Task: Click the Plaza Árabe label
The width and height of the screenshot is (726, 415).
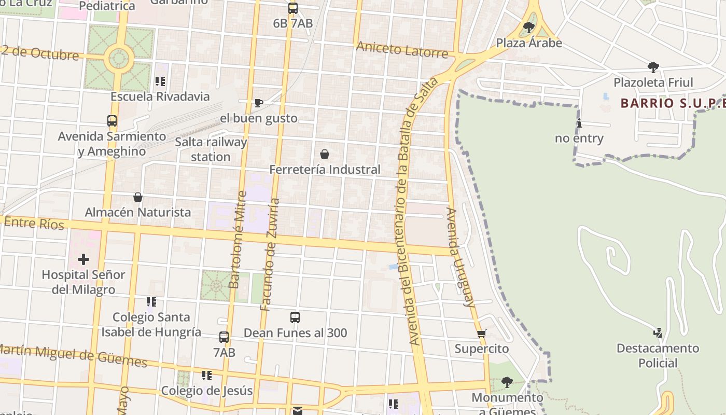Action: pos(529,43)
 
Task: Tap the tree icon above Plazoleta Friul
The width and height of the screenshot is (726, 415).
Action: pos(653,67)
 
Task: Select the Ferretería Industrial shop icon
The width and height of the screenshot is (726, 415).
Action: pos(325,154)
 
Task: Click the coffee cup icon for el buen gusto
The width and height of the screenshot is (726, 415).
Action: pos(259,103)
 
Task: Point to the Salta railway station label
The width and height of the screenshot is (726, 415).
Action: pos(211,149)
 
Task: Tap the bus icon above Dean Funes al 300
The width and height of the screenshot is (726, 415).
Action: pos(295,317)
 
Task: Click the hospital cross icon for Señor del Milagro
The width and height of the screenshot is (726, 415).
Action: pos(83,259)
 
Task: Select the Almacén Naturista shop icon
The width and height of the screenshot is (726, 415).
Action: pos(138,197)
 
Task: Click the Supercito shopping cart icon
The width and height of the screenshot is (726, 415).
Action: pos(482,334)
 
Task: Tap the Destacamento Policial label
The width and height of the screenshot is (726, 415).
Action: pos(658,355)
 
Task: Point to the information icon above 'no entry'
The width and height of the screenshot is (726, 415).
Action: pos(579,123)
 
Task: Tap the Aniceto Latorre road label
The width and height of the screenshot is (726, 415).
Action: pos(402,50)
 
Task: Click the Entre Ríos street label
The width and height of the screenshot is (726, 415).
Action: pos(34,223)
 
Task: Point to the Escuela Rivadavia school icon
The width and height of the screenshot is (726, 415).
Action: pos(160,81)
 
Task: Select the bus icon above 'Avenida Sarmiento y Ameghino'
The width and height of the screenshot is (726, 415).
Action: pos(112,121)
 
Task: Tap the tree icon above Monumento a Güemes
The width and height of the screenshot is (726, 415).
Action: pos(507,382)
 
